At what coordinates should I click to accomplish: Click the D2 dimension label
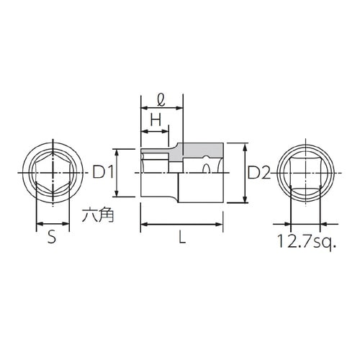259,173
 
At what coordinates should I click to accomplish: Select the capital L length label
182,240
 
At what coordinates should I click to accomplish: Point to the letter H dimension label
154,121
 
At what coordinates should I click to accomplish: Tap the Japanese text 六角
94,215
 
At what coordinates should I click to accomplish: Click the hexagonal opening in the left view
53,173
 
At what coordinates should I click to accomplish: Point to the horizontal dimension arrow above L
182,225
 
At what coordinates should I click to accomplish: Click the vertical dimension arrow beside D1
117,173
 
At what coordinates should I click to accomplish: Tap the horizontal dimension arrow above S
53,224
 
